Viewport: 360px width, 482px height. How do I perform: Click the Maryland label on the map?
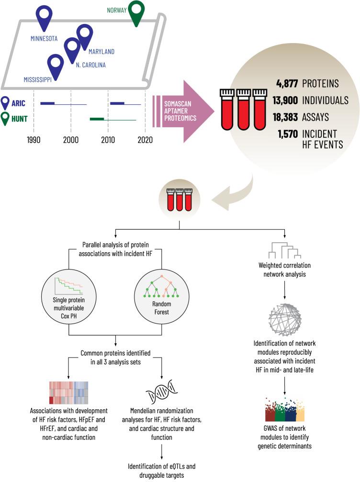[101, 51]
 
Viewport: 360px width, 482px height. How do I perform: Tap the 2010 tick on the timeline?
[108, 139]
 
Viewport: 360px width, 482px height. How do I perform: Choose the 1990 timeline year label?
[34, 139]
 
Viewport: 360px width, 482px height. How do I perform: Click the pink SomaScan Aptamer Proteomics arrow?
[182, 112]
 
